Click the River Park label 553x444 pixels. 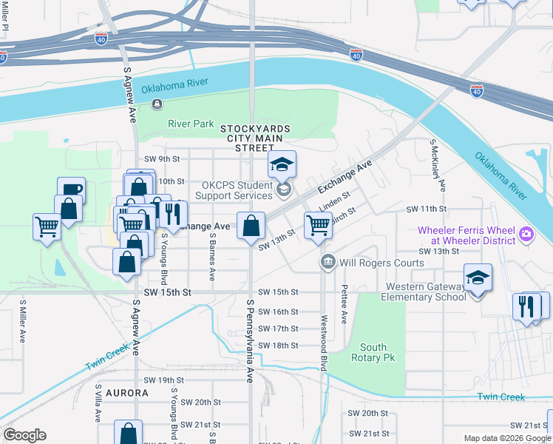[191, 124]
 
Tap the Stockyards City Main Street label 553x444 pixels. [255, 138]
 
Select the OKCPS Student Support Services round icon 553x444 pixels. [282, 191]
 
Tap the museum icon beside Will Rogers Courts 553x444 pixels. [328, 263]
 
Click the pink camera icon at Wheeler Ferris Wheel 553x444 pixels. [526, 235]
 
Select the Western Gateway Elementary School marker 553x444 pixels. [478, 279]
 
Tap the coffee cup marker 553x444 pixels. [72, 191]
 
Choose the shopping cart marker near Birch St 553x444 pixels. [318, 225]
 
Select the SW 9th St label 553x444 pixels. [162, 159]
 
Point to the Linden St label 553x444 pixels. [333, 198]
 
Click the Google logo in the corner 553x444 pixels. [24, 435]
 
